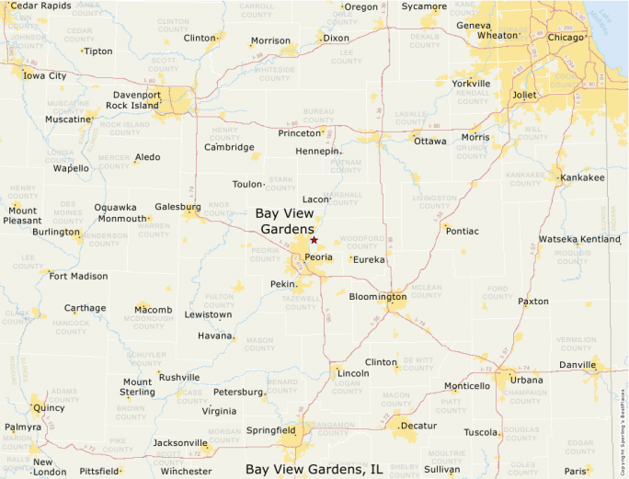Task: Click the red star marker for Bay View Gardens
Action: [314, 240]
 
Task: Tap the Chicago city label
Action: [565, 38]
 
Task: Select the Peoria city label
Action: [318, 257]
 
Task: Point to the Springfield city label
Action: [269, 429]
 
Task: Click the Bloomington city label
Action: [377, 297]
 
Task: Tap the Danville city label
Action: [577, 366]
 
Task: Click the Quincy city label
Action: [49, 406]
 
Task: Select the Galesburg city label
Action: [177, 207]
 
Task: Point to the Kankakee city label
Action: [582, 177]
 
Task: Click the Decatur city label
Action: [418, 427]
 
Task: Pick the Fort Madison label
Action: [78, 276]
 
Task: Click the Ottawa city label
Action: [429, 142]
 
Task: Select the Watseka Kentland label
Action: [579, 239]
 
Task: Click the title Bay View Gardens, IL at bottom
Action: [314, 469]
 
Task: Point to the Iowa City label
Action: [45, 75]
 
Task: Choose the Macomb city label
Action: [153, 310]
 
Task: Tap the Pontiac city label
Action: [462, 231]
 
